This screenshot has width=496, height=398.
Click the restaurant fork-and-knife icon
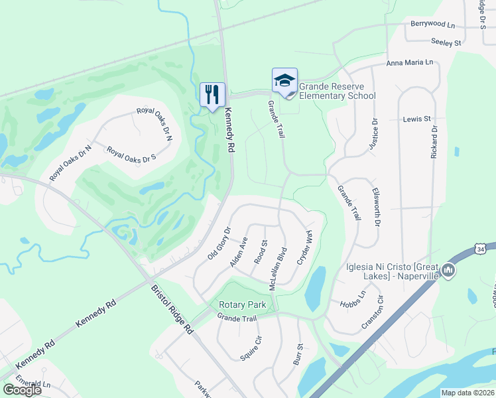point(213,94)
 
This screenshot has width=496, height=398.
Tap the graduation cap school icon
point(284,80)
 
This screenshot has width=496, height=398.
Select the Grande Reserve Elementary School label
point(337,91)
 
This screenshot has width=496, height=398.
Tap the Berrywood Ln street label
point(433,24)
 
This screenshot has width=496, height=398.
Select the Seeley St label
point(446,42)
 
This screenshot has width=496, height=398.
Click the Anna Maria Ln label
point(410,62)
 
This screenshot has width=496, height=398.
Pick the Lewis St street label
point(416,119)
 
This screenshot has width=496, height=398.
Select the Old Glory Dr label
point(218,243)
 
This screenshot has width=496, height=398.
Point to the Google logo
point(22,390)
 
